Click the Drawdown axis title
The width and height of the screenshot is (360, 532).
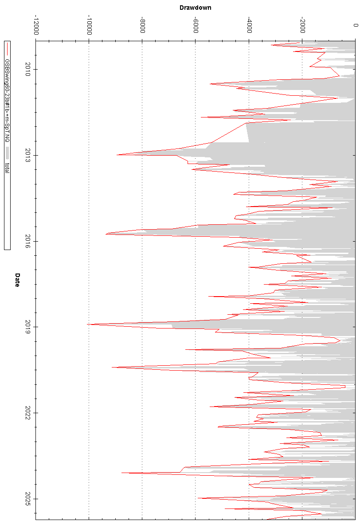(195, 8)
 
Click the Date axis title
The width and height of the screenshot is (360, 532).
(17, 280)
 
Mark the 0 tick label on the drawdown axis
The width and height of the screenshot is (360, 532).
(355, 26)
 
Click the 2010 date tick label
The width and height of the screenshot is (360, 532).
(28, 69)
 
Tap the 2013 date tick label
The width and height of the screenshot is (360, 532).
(28, 155)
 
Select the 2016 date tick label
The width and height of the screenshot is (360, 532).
(28, 241)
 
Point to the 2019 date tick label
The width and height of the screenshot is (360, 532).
(28, 327)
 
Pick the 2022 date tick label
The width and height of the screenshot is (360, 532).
(28, 413)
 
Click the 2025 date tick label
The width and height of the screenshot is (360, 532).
(28, 499)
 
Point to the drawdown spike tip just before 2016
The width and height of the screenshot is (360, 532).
(106, 234)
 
